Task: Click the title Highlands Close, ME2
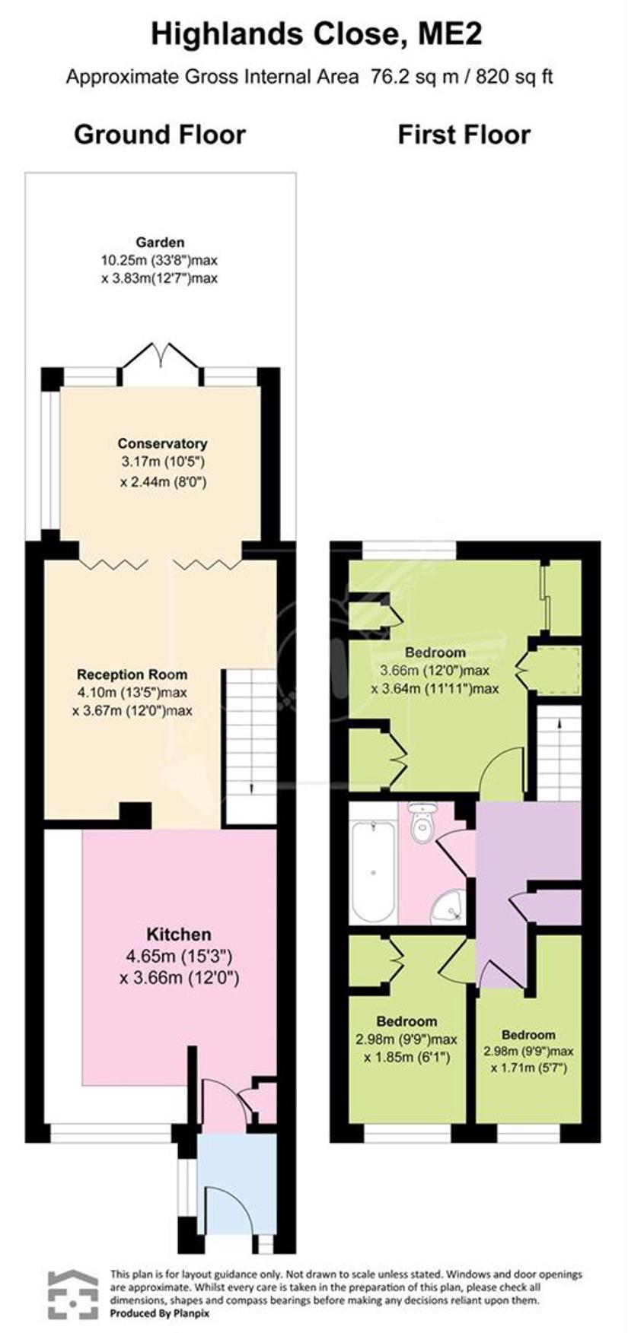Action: tap(317, 35)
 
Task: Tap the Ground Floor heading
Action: tap(160, 135)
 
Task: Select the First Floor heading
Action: tap(464, 135)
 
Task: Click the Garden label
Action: tap(161, 243)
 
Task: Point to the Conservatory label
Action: tap(162, 443)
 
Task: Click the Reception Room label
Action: tap(132, 674)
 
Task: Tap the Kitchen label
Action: tap(179, 935)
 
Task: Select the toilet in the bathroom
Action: tap(421, 824)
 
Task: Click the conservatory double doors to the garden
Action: tap(160, 360)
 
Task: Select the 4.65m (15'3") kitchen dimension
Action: tap(180, 957)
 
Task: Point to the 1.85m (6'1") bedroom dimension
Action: tap(407, 1057)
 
